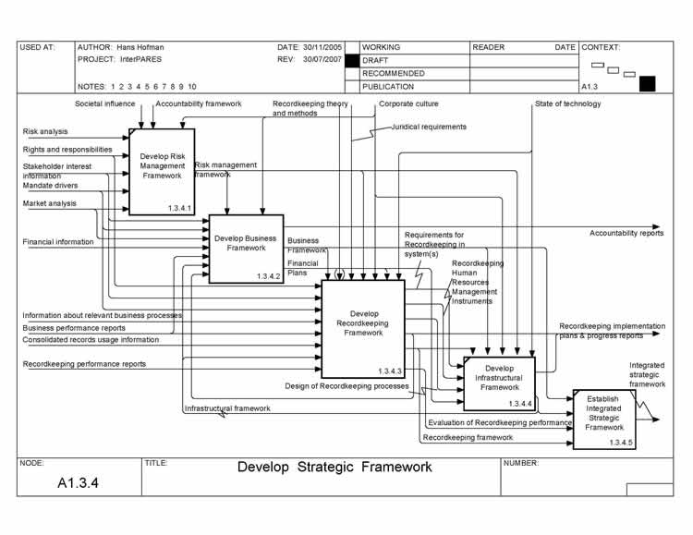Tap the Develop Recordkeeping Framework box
click(363, 328)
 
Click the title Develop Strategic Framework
click(334, 467)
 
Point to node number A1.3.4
click(78, 482)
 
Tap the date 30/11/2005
click(323, 46)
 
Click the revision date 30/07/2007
click(323, 59)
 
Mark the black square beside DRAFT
click(351, 60)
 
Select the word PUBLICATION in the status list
click(388, 86)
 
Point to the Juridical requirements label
click(429, 127)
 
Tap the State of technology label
click(567, 103)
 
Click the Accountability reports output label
click(626, 233)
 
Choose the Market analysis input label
click(50, 203)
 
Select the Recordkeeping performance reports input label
click(84, 364)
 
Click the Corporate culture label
click(408, 103)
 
